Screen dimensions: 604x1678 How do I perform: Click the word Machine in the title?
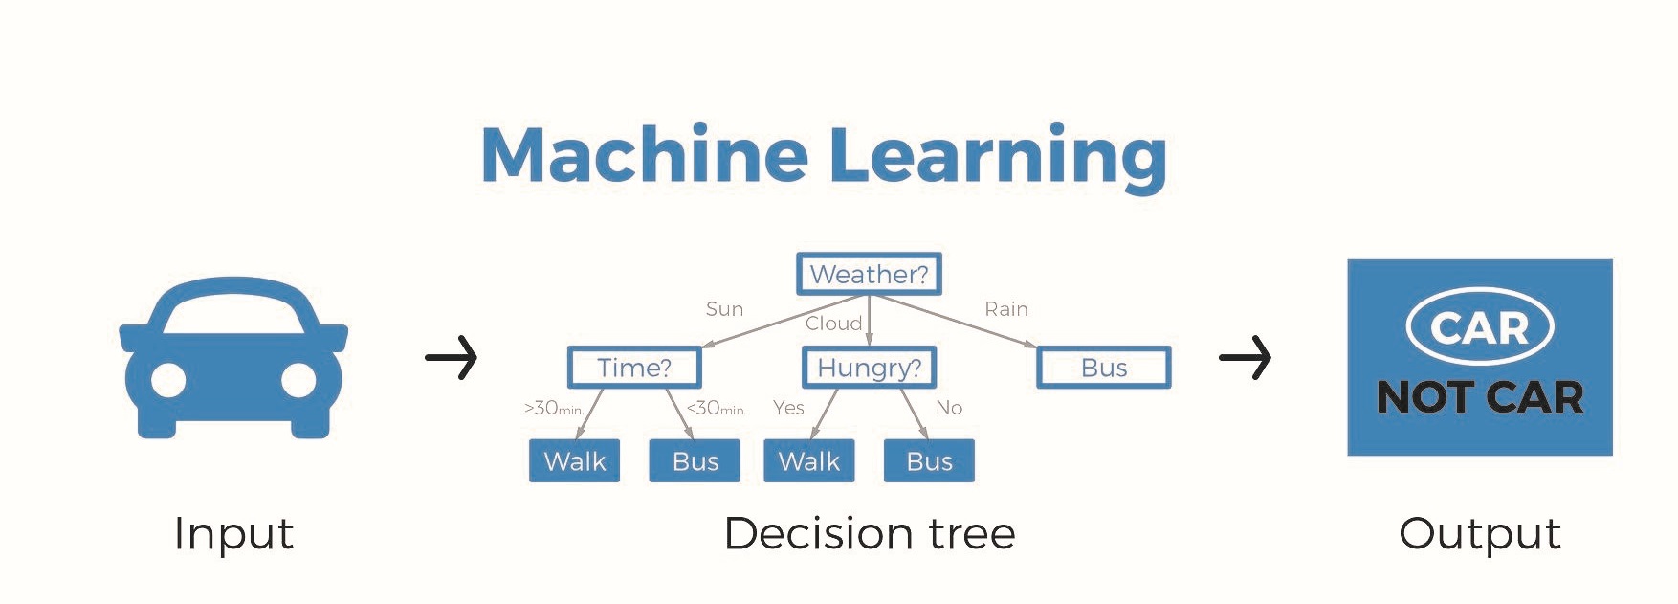644,154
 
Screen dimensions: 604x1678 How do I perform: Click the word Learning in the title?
997,156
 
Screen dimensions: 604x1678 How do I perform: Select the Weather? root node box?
869,274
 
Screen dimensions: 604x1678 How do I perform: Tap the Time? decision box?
634,368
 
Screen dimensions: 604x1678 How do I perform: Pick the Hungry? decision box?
869,368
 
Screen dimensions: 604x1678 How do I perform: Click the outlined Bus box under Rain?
1103,368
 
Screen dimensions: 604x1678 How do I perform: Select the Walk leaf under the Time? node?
574,461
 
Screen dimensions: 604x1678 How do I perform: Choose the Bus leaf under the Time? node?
695,461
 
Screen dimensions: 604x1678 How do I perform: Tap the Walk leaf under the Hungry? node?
808,461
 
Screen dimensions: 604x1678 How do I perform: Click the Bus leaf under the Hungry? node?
929,461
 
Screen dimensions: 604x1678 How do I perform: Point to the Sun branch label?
724,309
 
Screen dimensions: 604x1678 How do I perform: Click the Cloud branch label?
833,324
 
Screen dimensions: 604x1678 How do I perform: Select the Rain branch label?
1006,309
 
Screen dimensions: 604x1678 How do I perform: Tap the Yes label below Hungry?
788,408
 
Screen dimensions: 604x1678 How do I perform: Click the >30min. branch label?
553,409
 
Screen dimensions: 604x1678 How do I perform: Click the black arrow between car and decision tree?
451,358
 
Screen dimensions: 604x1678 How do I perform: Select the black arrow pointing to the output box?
1245,358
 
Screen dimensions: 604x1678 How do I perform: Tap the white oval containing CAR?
1479,327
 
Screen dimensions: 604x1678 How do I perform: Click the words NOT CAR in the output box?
1479,397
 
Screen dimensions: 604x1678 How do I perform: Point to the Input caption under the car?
233,533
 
